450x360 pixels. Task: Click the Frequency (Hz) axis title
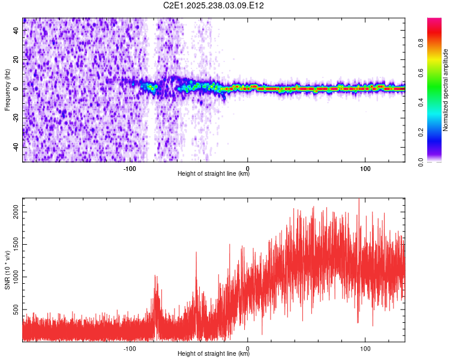pos(8,89)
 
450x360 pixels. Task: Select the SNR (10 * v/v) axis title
pos(8,269)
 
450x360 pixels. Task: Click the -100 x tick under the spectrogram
pos(130,169)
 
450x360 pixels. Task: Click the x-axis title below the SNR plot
pos(214,354)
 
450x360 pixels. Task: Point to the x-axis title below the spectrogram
pos(214,174)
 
